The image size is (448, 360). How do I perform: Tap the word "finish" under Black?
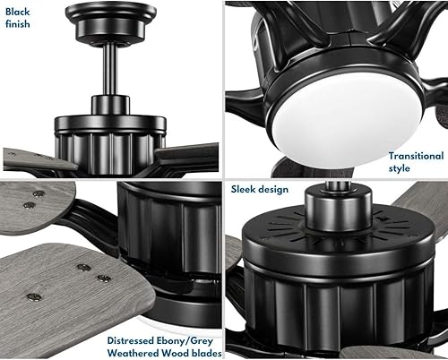[18, 24]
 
